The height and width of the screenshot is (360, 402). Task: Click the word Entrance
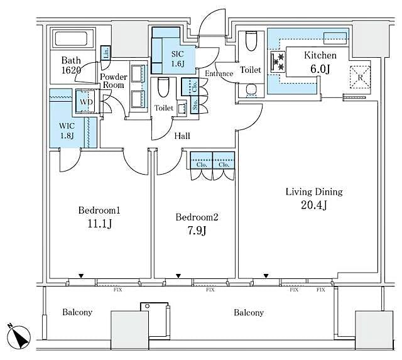[x=219, y=74]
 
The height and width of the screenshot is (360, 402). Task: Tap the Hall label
[x=182, y=136]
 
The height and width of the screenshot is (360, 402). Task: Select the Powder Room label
[x=113, y=81]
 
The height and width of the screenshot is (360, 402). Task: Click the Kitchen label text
[x=320, y=55]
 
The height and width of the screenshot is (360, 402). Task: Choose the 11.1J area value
[x=99, y=223]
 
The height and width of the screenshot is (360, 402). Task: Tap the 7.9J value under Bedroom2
[x=196, y=230]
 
